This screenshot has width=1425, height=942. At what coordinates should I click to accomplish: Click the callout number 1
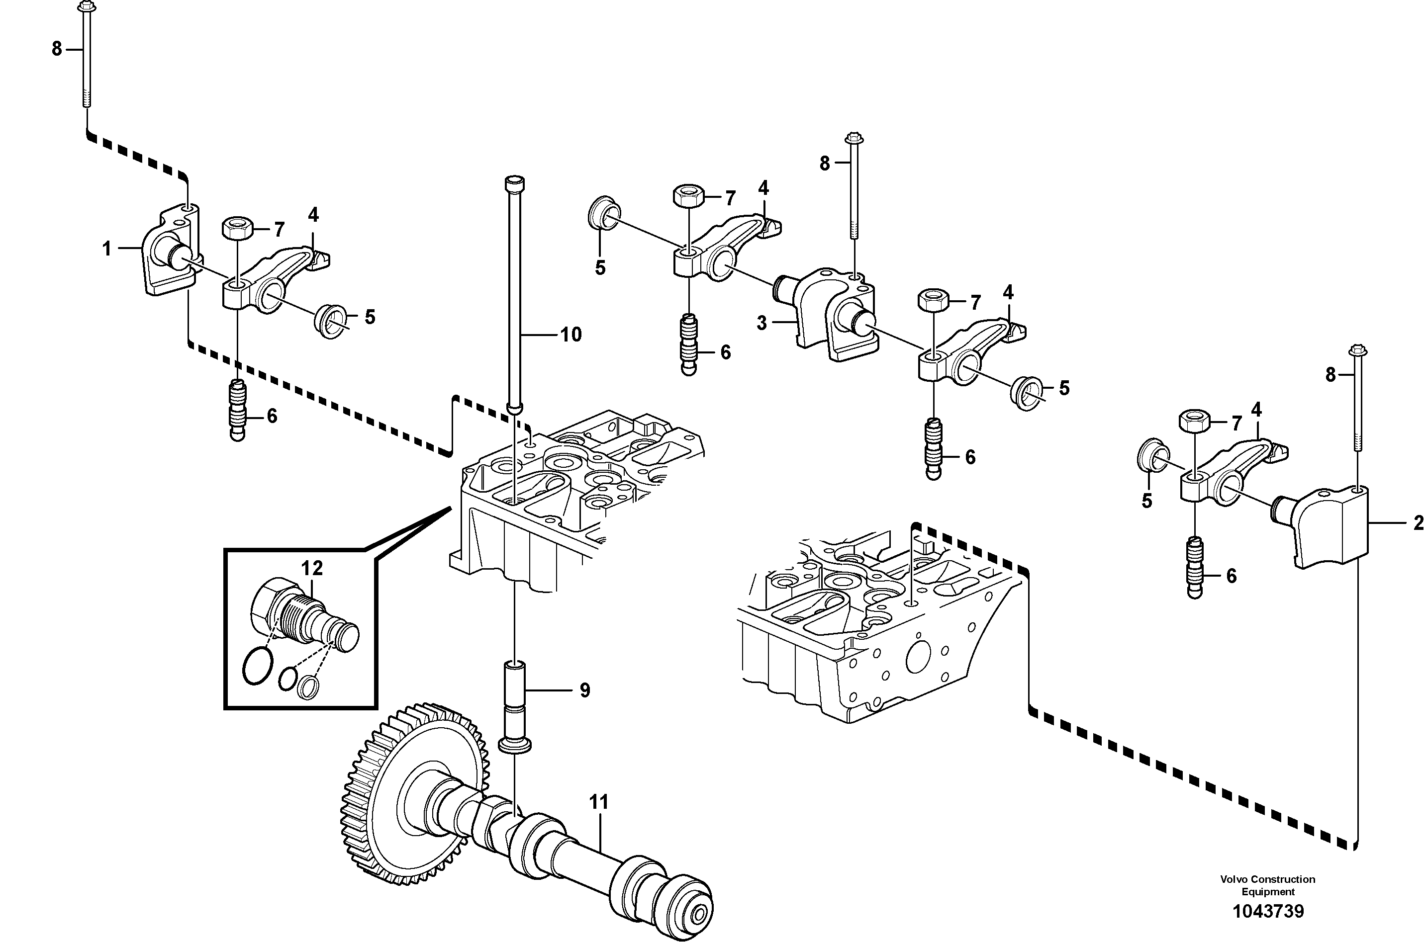(x=106, y=248)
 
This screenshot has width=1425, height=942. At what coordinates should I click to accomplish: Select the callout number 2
(x=1418, y=523)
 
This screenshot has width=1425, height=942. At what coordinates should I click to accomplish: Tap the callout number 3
(x=761, y=323)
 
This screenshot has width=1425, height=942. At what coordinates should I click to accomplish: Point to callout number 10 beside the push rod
(x=570, y=335)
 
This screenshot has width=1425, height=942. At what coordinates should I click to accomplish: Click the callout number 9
(x=584, y=690)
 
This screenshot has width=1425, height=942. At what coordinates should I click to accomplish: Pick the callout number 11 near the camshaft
(x=599, y=802)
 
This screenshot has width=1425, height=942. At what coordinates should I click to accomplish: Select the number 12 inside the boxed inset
(x=312, y=568)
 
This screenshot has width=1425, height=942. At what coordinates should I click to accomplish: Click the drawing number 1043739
(x=1268, y=911)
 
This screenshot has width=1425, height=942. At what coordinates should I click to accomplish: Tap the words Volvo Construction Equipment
(x=1267, y=885)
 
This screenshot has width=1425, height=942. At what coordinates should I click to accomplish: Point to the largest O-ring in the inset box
(x=258, y=666)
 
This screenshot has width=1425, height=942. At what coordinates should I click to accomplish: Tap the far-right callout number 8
(x=1330, y=375)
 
